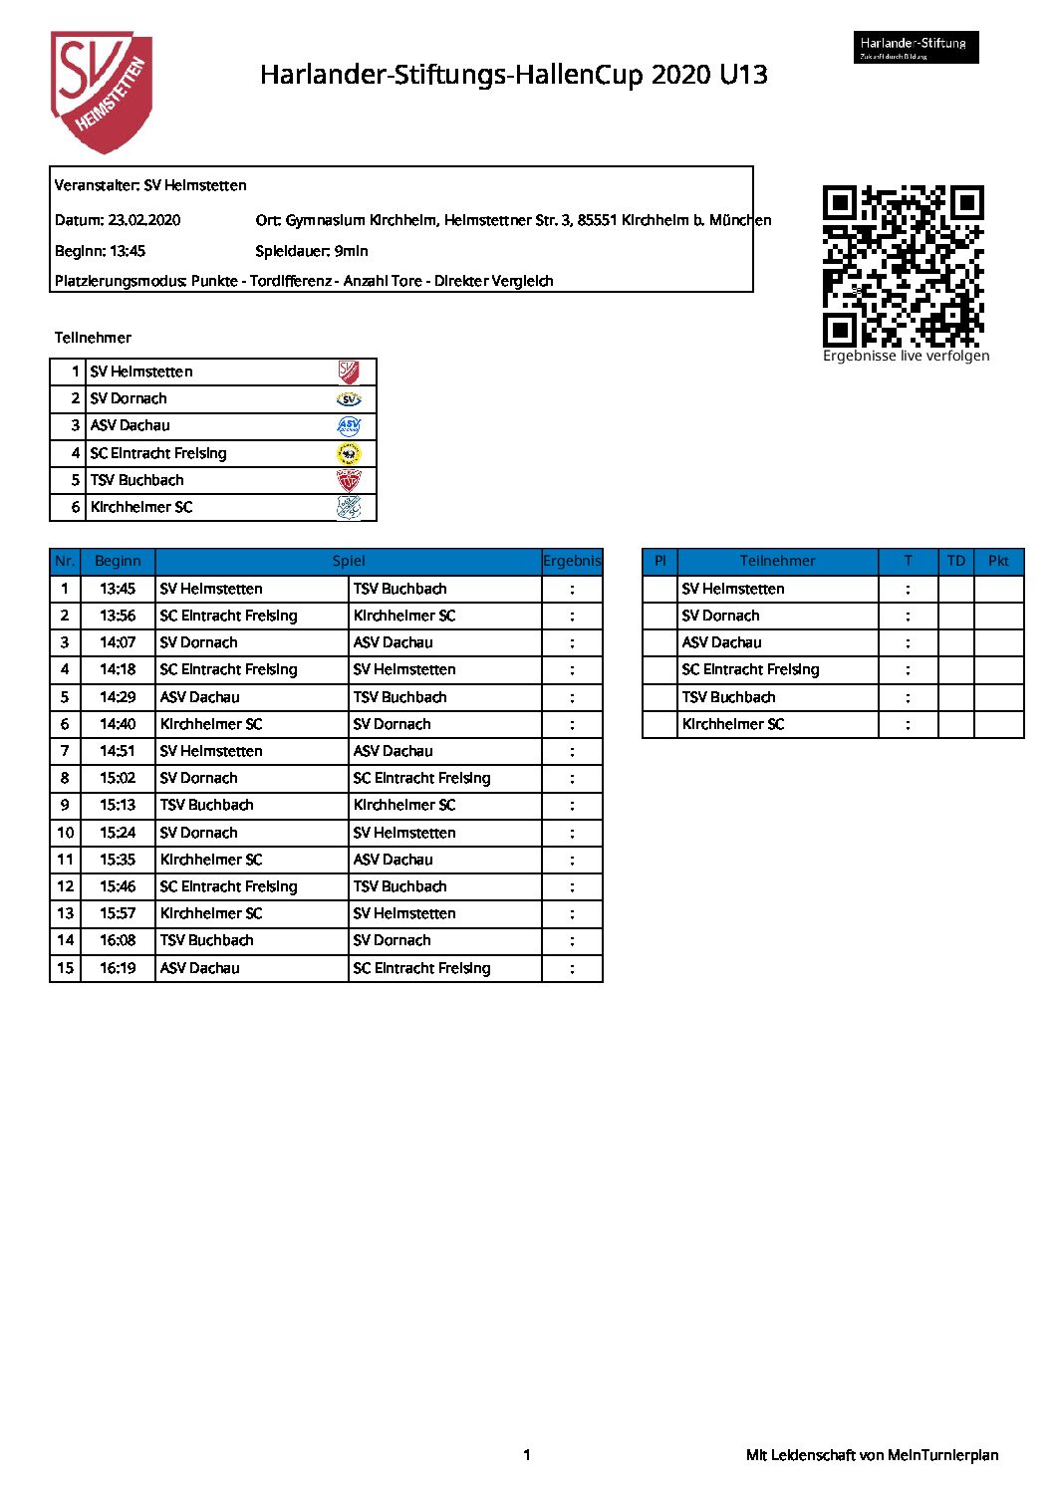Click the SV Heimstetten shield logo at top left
[x=102, y=92]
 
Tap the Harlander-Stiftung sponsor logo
[x=916, y=47]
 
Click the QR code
[x=903, y=265]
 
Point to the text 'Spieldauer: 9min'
[x=312, y=251]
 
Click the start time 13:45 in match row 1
[x=118, y=589]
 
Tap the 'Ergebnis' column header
[x=572, y=561]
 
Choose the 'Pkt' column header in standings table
[x=998, y=561]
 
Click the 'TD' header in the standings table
[x=955, y=561]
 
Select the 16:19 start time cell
[x=118, y=968]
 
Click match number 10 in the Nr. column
[x=65, y=833]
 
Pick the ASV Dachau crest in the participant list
[x=349, y=426]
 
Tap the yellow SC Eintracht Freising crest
[x=349, y=454]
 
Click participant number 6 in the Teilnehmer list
[x=75, y=507]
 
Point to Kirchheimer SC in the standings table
[x=733, y=724]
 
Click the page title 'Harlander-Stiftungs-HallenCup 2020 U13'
[x=513, y=75]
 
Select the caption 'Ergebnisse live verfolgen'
[x=906, y=356]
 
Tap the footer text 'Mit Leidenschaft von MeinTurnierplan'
[x=872, y=1455]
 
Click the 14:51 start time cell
[x=118, y=751]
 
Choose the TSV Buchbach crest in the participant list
[x=349, y=481]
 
